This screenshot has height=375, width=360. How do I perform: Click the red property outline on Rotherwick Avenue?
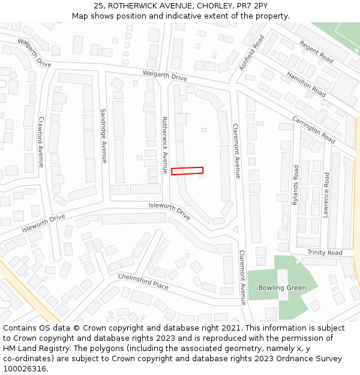(x=187, y=171)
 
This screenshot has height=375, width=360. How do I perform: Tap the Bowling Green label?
(x=282, y=288)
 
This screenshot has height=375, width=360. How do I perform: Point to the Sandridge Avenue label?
(x=103, y=136)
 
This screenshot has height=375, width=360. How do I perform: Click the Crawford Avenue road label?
(x=41, y=142)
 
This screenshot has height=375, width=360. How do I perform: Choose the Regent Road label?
(x=316, y=52)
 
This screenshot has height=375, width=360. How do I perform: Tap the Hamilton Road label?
(x=306, y=84)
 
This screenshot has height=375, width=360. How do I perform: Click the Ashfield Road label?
(x=251, y=53)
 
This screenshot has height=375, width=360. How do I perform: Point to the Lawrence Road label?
(x=326, y=195)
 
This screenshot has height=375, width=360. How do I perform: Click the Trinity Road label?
(x=325, y=253)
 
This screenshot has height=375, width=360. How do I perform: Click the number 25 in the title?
(x=98, y=6)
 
